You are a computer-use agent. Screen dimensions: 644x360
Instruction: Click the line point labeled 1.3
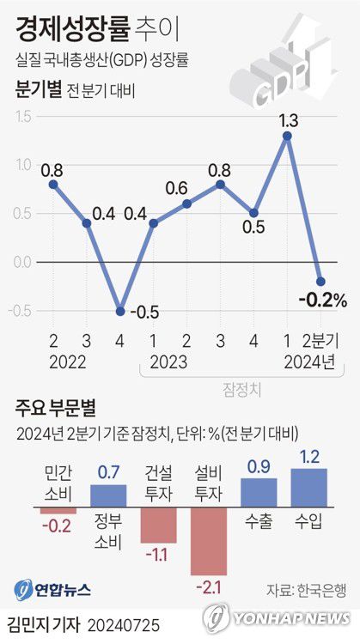(x=286, y=136)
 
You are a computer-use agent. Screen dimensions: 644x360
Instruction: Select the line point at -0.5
(x=120, y=311)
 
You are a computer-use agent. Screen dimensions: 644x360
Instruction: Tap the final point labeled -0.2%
(x=320, y=281)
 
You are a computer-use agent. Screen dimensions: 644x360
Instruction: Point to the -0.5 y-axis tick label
(x=21, y=311)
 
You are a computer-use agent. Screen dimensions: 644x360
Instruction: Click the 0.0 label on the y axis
(x=22, y=262)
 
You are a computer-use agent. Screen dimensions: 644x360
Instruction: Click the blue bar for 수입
(x=309, y=486)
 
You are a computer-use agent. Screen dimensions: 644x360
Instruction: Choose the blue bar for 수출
(x=259, y=491)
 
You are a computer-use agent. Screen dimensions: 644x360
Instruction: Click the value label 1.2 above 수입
(x=310, y=457)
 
